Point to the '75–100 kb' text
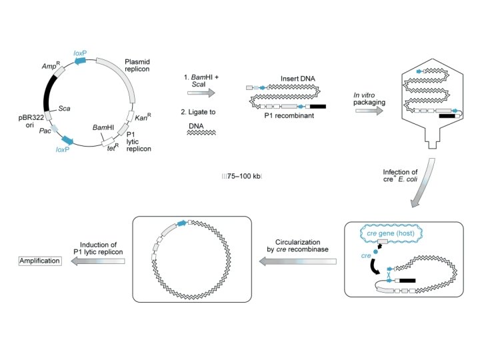(243, 177)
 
